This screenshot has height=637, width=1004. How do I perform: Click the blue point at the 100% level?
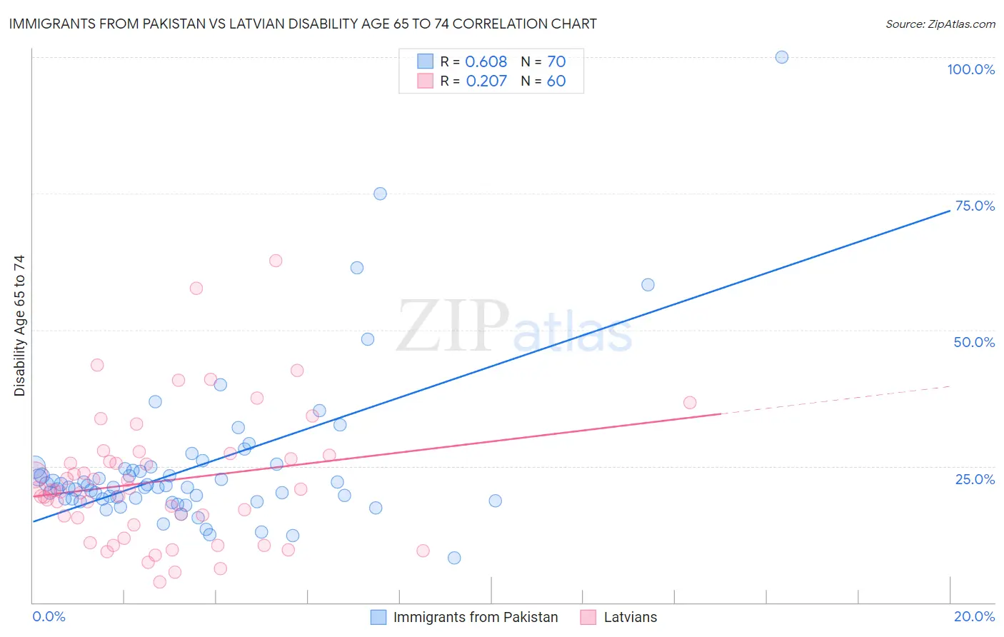782,57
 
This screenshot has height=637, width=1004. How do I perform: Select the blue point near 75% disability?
380,194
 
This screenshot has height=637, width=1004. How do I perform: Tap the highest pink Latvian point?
276,261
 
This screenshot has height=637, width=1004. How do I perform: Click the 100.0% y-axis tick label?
970,69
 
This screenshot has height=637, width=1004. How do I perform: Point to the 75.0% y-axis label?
975,206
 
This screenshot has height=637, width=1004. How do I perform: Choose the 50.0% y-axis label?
974,342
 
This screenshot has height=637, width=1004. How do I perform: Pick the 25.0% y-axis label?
975,478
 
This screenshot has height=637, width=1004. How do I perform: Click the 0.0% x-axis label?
49,616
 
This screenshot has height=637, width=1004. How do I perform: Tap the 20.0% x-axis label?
974,616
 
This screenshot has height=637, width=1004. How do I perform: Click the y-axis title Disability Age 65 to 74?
19,326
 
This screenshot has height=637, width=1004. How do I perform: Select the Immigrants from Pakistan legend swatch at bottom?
378,617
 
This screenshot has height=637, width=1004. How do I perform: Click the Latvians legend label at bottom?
630,617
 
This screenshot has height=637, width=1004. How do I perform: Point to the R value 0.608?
486,61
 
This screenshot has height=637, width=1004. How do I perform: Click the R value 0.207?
486,81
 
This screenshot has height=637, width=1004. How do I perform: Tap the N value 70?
556,61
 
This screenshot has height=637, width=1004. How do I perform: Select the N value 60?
556,81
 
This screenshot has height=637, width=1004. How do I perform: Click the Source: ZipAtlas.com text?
940,24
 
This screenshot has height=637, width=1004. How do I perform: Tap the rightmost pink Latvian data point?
690,403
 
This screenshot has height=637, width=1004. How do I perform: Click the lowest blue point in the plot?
454,558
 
